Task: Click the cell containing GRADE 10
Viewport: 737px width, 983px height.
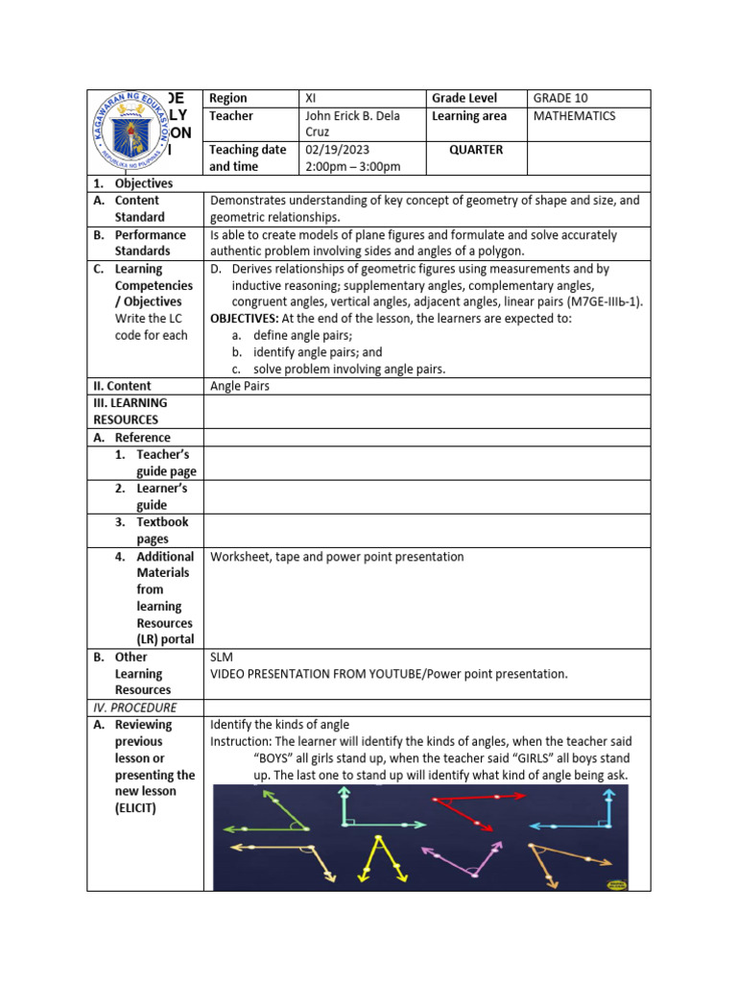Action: coord(562,98)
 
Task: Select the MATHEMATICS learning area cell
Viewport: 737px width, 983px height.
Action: coord(574,116)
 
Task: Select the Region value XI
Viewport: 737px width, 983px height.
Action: coord(311,98)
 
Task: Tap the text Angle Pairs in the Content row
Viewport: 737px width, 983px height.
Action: coord(240,386)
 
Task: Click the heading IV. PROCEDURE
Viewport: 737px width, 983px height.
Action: coord(131,707)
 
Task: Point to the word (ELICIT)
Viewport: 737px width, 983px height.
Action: coord(138,808)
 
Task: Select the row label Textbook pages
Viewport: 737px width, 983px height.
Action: coord(162,531)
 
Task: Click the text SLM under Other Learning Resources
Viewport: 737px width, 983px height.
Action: coord(222,658)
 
